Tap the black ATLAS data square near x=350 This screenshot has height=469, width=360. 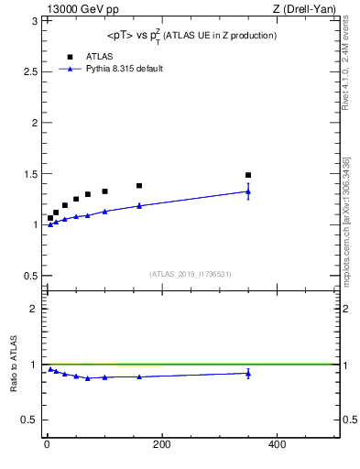(248, 175)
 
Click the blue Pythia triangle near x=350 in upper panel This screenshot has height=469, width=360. (248, 191)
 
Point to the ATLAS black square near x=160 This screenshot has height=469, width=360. (139, 186)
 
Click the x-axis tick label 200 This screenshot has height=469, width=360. (161, 444)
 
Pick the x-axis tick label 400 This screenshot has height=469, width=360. (277, 444)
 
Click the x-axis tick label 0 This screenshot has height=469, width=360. (47, 444)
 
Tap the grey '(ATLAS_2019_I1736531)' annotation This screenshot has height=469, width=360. (191, 274)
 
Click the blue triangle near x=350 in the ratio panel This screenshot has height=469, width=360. (248, 373)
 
